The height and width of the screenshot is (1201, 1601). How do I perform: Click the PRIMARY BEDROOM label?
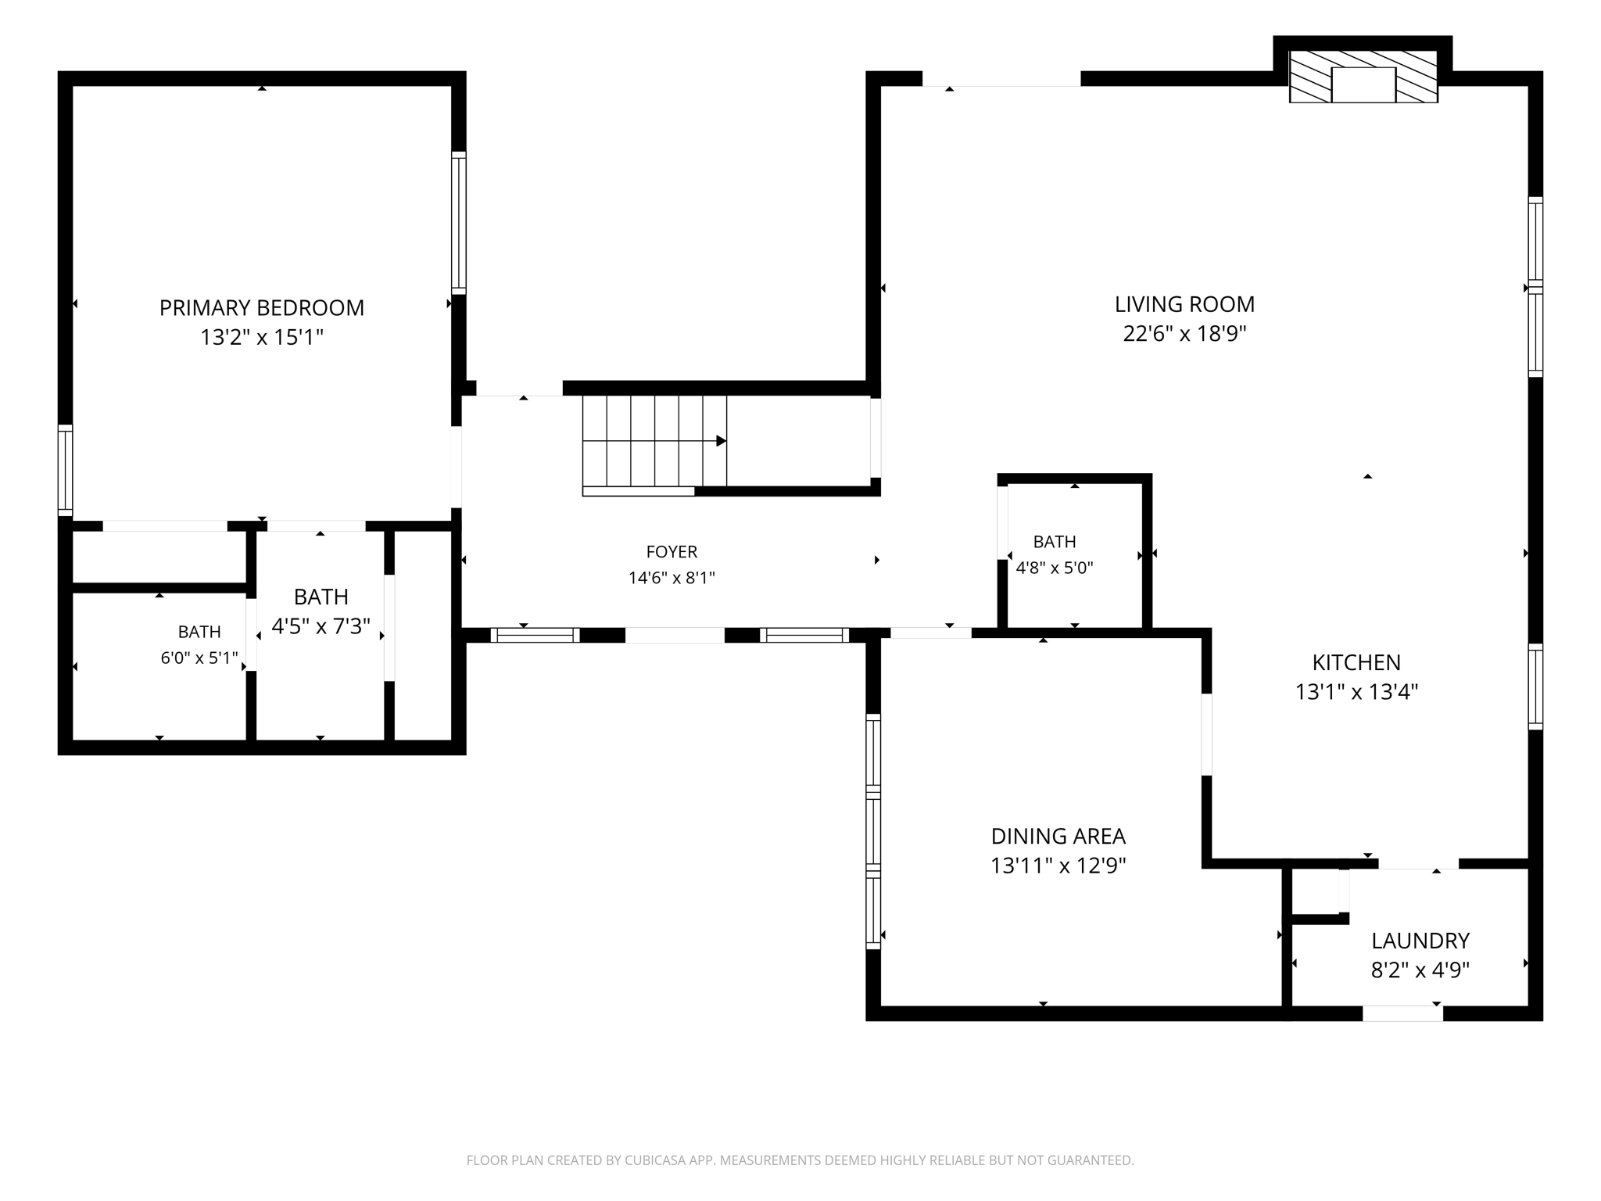pos(262,308)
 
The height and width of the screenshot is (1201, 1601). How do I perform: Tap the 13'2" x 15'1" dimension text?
pos(262,337)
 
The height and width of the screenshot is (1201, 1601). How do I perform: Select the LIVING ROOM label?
pos(1184,304)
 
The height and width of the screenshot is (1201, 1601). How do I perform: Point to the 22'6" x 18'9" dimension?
pos(1184,334)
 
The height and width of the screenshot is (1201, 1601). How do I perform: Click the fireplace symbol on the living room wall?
pos(1363,77)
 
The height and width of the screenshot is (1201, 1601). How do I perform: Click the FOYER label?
pos(672,552)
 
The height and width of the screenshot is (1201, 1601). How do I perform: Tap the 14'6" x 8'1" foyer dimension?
pos(672,578)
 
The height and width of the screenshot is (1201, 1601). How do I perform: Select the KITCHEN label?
pos(1356,662)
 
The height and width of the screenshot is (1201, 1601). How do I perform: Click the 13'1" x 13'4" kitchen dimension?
pos(1356,692)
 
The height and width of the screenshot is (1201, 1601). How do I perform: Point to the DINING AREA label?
pos(1058,836)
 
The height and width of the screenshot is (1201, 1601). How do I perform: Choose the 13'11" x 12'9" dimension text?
pos(1058,866)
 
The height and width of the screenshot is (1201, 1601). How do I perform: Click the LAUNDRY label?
pos(1420,940)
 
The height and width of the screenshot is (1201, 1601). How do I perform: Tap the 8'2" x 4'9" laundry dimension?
pos(1420,970)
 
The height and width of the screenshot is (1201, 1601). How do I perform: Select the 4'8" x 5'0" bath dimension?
pos(1055,568)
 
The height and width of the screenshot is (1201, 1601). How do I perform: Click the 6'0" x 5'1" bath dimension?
pos(199,658)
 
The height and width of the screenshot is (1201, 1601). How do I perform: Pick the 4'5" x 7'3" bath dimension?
pos(321,626)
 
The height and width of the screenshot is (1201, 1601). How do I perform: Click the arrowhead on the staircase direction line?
pos(722,441)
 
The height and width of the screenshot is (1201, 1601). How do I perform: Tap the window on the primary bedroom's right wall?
pos(459,223)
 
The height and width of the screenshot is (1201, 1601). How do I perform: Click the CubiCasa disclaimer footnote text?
pos(800,1160)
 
